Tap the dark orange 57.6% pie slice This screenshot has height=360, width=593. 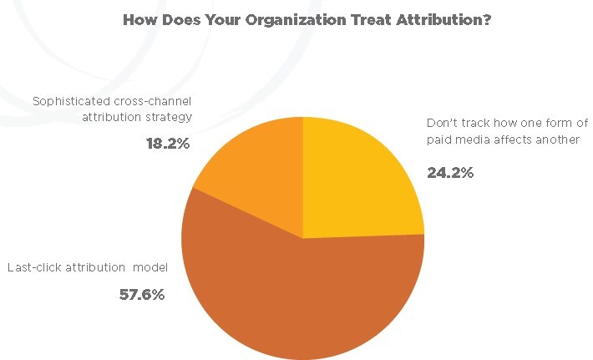pos(301,292)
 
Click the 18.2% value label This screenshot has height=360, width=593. pos(169,143)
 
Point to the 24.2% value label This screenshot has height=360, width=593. pos(451,174)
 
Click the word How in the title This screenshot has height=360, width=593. pos(139,19)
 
